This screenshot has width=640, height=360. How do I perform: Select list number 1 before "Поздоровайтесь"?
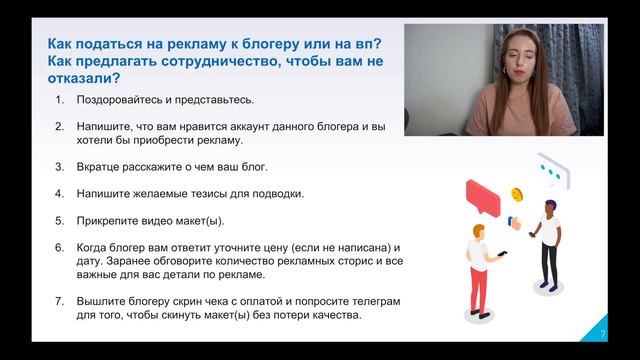coord(59,99)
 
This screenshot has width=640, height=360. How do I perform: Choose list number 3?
coord(59,165)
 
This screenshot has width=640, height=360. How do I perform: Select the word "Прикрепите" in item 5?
coord(112,219)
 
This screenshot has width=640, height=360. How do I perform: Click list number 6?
coord(59,246)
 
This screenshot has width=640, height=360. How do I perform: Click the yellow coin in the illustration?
coord(517,193)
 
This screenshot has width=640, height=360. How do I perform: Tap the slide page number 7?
coord(602,333)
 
